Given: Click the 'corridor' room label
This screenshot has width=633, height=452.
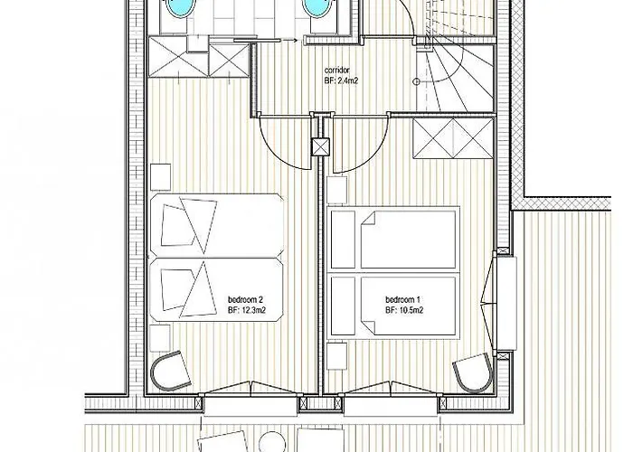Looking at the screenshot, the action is pos(336,71).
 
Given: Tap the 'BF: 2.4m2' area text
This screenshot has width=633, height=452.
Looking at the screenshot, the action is pos(341,80).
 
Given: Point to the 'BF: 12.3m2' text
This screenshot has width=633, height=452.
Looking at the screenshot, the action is pos(247,310).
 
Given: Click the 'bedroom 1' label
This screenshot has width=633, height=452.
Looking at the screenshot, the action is pos(403,300).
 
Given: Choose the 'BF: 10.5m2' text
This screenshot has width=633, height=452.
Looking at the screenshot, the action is pos(404,310).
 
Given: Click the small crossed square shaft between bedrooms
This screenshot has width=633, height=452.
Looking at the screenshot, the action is pos(321,146).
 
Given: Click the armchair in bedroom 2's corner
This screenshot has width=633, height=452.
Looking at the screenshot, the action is pos(170,372).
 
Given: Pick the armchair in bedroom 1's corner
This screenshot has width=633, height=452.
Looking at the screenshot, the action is pos(474,372).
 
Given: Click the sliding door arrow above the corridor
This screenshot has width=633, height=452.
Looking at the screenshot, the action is pos(289,40).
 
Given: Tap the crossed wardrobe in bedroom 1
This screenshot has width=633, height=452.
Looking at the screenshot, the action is pos(453,138).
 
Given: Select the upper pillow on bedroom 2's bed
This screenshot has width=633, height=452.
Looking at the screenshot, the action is pos(176,225).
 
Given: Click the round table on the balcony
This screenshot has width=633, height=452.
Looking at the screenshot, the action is pos(271,442).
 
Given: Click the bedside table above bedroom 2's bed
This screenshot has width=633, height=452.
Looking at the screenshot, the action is pos(160,177).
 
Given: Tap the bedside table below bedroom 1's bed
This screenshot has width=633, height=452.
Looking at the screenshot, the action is pos(337,355).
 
